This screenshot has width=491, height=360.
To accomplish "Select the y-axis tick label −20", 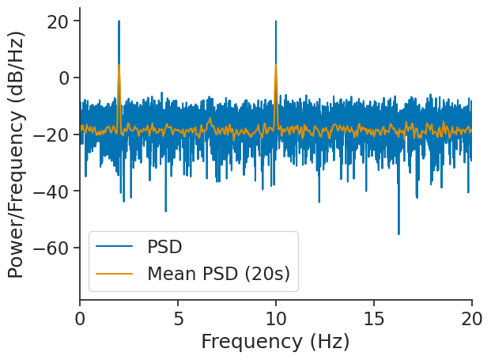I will point(53,135).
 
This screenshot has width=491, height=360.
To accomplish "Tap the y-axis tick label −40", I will point(53,191).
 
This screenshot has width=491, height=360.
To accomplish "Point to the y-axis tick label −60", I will point(53,248).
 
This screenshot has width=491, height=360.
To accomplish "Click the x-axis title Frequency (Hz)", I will point(275,342).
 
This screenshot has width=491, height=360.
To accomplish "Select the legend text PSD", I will point(164,247).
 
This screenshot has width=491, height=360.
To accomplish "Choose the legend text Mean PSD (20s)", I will point(218,274).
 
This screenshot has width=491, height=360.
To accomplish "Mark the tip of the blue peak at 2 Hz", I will point(119,21).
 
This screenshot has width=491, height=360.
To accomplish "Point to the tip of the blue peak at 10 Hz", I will point(276,21).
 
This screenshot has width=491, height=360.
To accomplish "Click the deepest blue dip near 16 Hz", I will point(398,234).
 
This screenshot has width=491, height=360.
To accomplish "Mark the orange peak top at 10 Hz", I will point(276,65).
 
